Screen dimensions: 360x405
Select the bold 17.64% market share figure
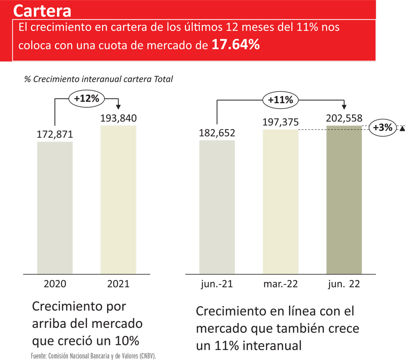(x=235, y=44)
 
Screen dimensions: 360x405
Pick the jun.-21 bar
(x=217, y=206)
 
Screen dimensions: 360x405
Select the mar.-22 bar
(x=280, y=201)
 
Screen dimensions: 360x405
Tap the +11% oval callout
(x=280, y=100)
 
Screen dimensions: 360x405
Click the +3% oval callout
(x=382, y=128)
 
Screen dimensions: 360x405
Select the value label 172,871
(x=55, y=135)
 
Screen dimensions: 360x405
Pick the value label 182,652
(x=217, y=133)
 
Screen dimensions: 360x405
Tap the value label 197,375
(x=280, y=122)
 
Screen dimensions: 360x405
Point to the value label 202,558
(x=344, y=118)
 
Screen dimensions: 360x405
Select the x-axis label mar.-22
(x=280, y=284)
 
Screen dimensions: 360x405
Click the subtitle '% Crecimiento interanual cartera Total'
(x=98, y=79)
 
